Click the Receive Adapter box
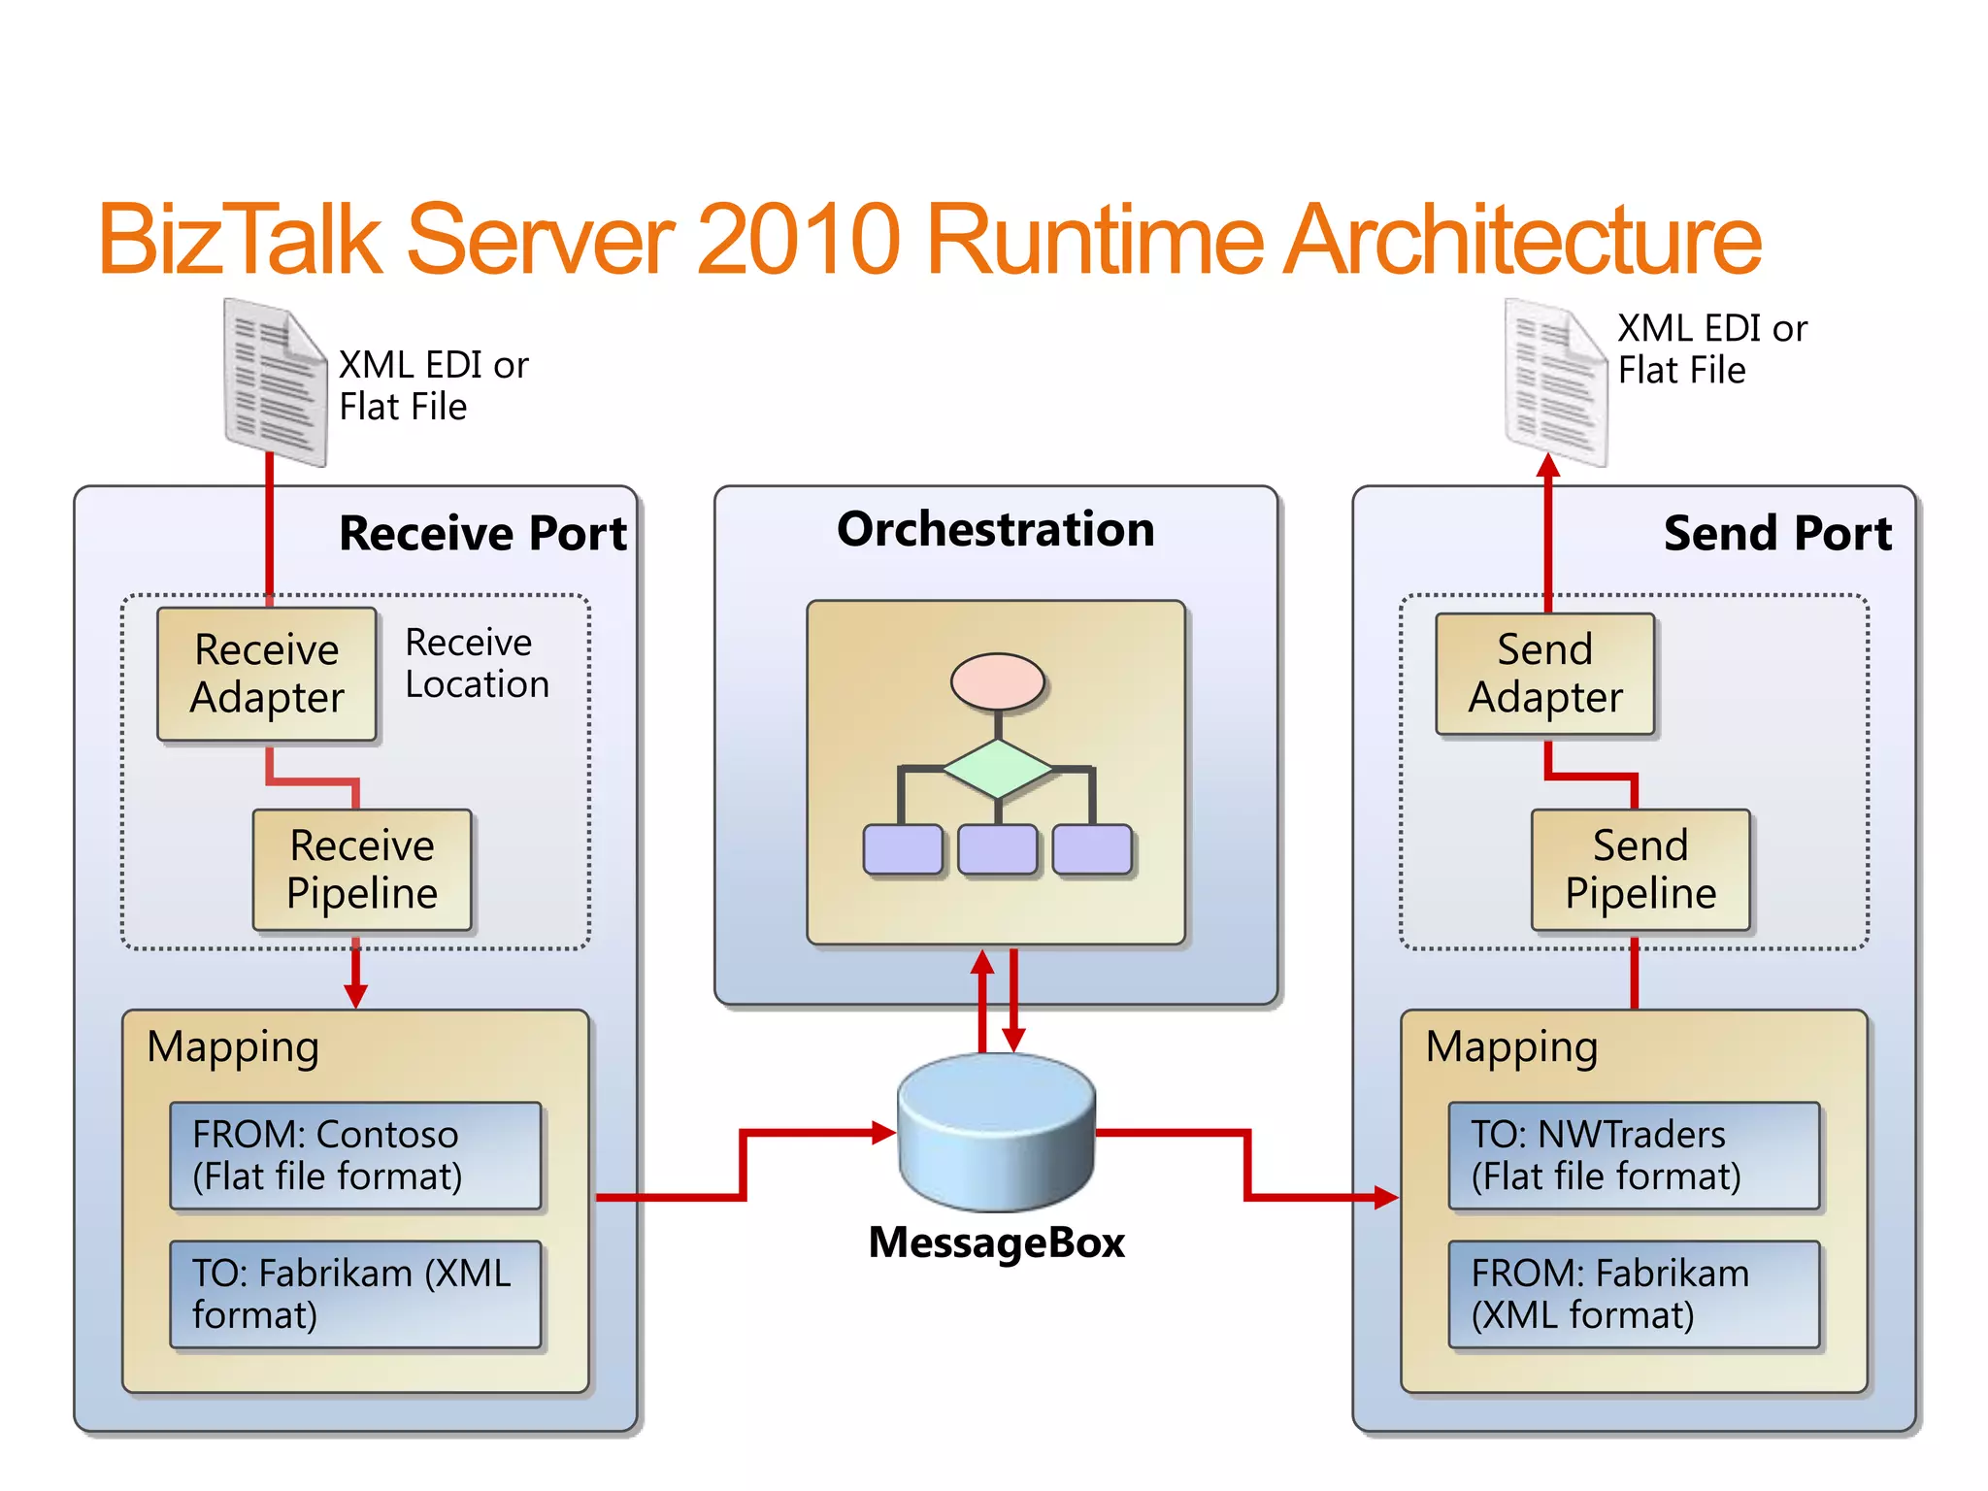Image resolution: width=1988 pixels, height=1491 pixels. (266, 674)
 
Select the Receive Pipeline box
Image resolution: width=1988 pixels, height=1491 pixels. (361, 870)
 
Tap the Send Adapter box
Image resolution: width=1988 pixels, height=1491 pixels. (1544, 674)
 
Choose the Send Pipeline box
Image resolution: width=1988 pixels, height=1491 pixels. (1640, 870)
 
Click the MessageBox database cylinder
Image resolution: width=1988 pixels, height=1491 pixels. (997, 1131)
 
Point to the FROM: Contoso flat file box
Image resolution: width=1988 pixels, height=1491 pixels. (355, 1155)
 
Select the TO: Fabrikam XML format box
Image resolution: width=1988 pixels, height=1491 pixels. (355, 1294)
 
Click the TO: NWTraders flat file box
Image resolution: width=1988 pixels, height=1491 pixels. (1634, 1155)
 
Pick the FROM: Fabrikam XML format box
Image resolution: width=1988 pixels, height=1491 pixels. (1634, 1294)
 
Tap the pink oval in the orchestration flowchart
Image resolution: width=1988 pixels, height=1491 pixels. (997, 681)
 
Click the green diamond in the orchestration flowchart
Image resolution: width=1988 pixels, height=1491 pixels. (997, 769)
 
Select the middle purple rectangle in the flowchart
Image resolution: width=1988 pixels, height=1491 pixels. (997, 849)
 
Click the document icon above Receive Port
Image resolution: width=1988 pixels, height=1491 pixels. (275, 382)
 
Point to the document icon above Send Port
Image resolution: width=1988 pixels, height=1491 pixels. (1555, 382)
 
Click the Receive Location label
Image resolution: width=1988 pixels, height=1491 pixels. (477, 663)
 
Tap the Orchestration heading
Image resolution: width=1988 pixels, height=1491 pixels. (996, 530)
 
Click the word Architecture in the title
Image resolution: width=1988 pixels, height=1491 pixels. (1521, 239)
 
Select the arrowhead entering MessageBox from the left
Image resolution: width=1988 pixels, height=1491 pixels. (884, 1132)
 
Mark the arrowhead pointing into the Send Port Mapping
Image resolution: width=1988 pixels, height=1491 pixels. (1387, 1197)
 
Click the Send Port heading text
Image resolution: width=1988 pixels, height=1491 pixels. (1777, 533)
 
